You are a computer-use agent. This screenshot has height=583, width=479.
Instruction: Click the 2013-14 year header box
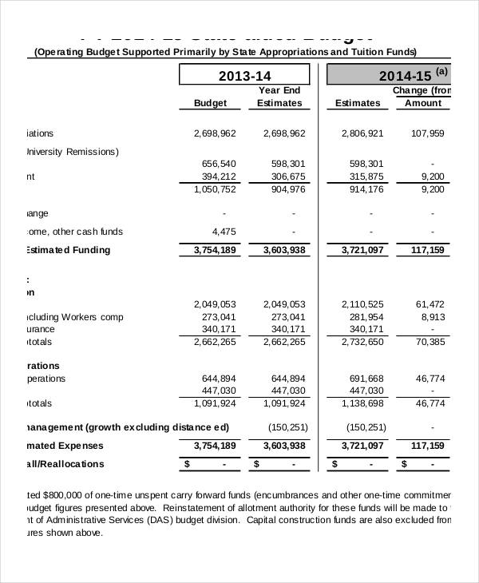245,76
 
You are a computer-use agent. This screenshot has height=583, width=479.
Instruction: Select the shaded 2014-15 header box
390,76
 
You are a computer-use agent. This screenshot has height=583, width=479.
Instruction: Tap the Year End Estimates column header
279,97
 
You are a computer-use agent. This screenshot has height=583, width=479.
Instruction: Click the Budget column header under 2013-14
211,103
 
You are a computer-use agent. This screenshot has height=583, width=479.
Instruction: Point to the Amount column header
423,103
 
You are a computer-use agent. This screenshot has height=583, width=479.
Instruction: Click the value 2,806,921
362,133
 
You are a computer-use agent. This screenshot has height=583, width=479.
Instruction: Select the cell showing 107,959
427,133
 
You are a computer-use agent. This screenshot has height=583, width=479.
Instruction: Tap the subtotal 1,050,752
214,189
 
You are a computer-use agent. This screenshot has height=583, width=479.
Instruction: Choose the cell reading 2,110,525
362,304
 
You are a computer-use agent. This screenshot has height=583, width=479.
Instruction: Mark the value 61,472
430,304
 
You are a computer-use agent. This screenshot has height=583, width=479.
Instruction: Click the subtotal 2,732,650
362,342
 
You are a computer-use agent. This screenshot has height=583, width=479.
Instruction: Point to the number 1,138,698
362,403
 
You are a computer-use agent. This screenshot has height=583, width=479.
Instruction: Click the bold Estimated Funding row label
68,250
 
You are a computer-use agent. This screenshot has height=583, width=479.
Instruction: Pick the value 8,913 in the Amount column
432,317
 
